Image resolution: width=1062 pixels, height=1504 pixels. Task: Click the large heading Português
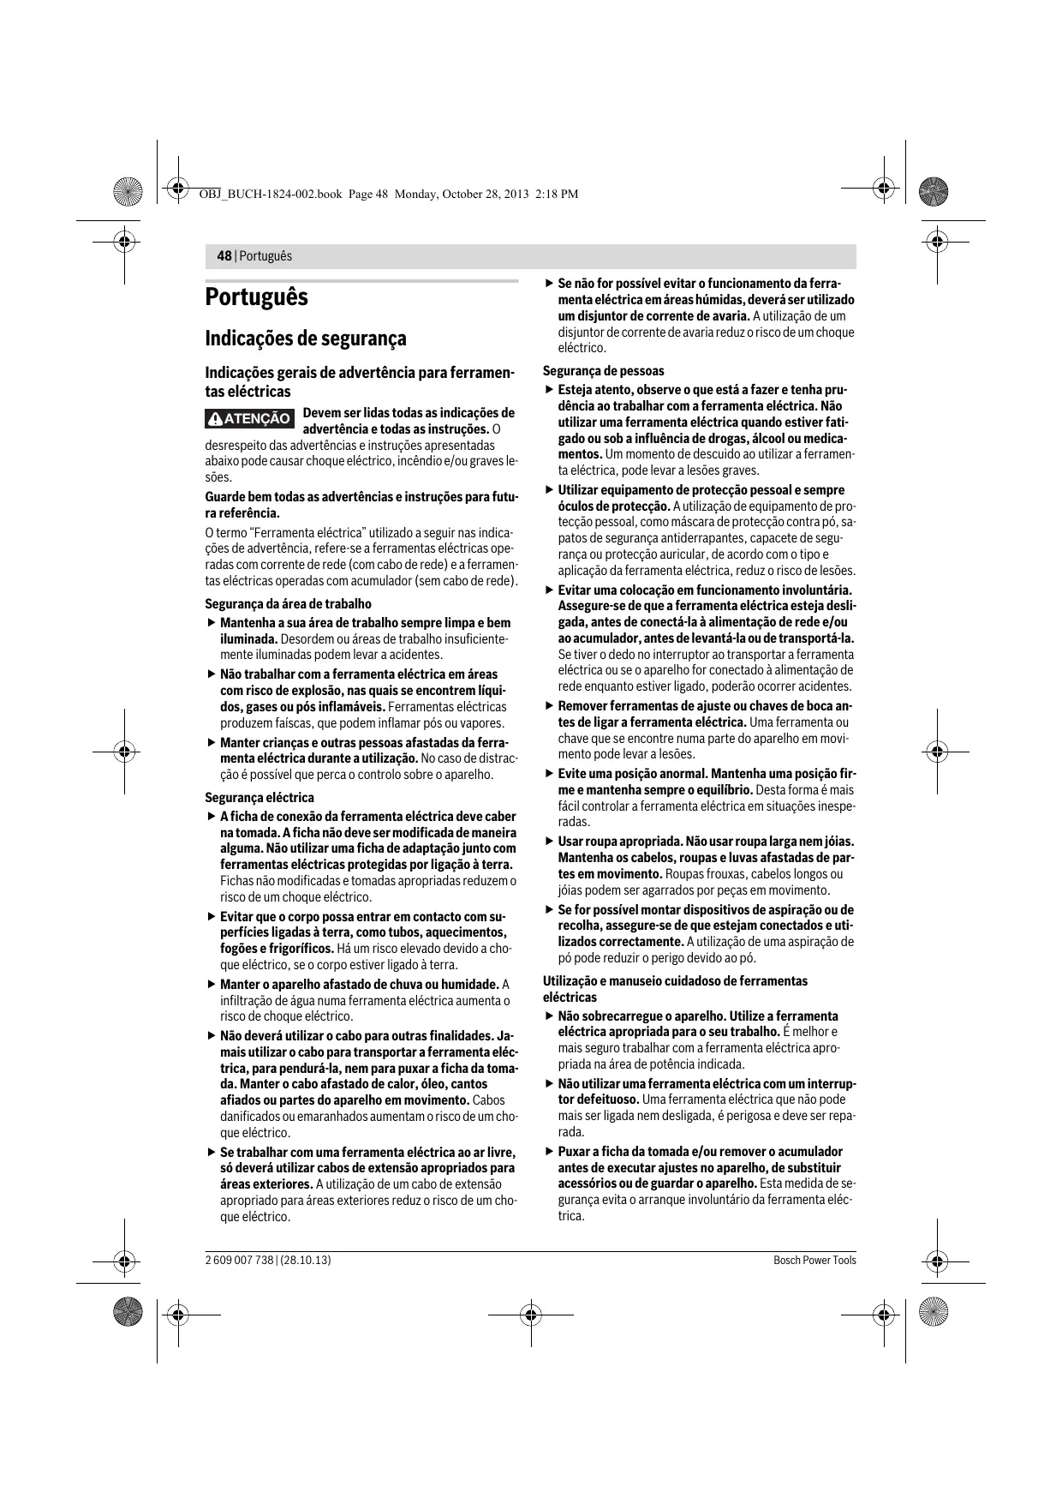256,298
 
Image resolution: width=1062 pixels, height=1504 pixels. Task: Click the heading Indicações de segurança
306,339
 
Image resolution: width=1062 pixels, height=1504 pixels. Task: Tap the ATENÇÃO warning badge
250,419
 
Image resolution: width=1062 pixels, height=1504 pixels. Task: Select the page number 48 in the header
224,256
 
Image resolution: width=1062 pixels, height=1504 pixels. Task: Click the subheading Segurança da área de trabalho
288,603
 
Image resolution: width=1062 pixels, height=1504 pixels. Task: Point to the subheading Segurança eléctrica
260,798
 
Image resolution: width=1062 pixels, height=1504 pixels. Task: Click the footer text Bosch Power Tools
814,1260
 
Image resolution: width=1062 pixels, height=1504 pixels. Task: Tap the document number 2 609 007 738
239,1260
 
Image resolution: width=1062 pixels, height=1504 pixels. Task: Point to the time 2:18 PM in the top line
556,195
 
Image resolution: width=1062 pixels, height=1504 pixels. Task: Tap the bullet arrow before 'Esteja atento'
549,390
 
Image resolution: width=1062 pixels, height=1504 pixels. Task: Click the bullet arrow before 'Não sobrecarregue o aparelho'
549,1016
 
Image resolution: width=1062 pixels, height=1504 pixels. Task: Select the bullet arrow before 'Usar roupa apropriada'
549,842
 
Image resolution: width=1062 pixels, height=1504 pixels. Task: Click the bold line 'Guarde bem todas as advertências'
361,498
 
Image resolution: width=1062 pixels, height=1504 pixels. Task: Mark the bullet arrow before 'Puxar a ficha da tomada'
549,1152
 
